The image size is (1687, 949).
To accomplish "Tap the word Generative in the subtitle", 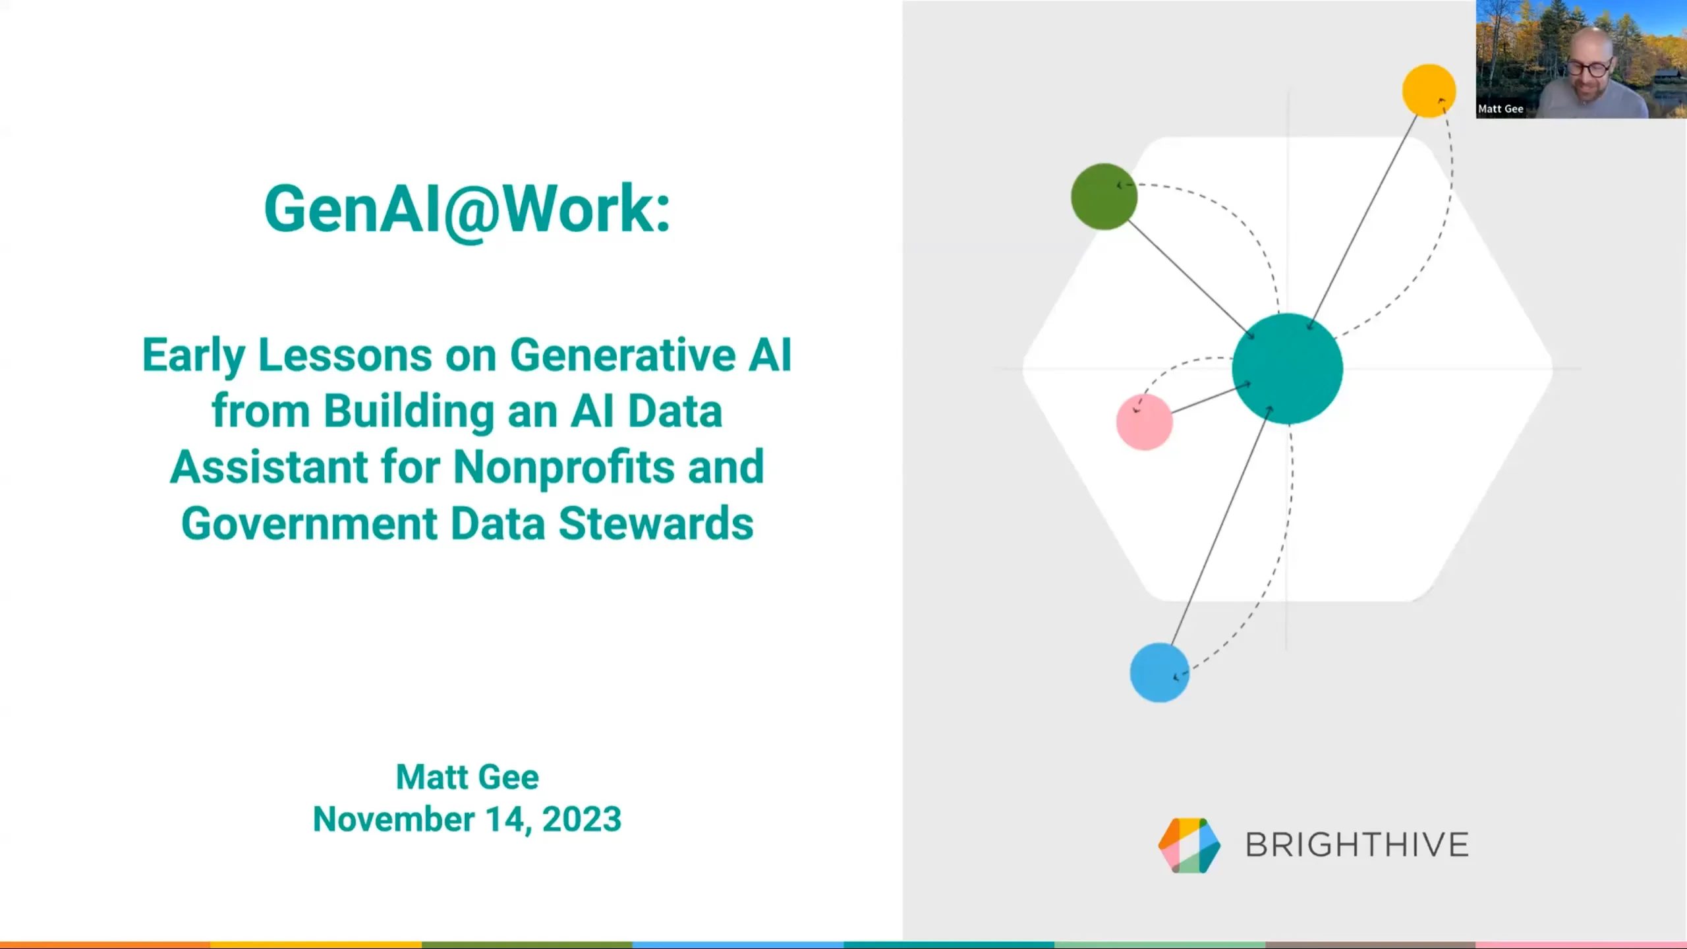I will pyautogui.click(x=622, y=356).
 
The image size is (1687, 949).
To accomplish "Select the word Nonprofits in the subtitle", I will pyautogui.click(x=564, y=467).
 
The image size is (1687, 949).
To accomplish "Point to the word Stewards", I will pyautogui.click(x=656, y=524).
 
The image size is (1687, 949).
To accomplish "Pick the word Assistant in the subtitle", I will pyautogui.click(x=268, y=467).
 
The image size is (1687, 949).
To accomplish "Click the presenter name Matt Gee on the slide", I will pyautogui.click(x=467, y=777).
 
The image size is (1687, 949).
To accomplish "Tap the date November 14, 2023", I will pyautogui.click(x=467, y=819).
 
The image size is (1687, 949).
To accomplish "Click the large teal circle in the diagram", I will pyautogui.click(x=1287, y=368).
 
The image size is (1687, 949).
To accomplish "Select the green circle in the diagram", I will pyautogui.click(x=1104, y=196).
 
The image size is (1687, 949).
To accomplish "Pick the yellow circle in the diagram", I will pyautogui.click(x=1429, y=91).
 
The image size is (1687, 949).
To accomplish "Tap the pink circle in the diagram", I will pyautogui.click(x=1145, y=422).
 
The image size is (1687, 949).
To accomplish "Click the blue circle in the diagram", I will pyautogui.click(x=1159, y=672).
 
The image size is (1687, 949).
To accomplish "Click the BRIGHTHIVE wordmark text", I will pyautogui.click(x=1357, y=845).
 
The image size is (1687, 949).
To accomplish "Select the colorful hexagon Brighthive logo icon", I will pyautogui.click(x=1189, y=846).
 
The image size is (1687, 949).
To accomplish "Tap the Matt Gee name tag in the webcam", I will pyautogui.click(x=1501, y=109).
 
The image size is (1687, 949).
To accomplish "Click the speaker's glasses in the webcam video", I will pyautogui.click(x=1589, y=67).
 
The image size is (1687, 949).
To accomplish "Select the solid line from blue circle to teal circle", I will pyautogui.click(x=1219, y=527).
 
